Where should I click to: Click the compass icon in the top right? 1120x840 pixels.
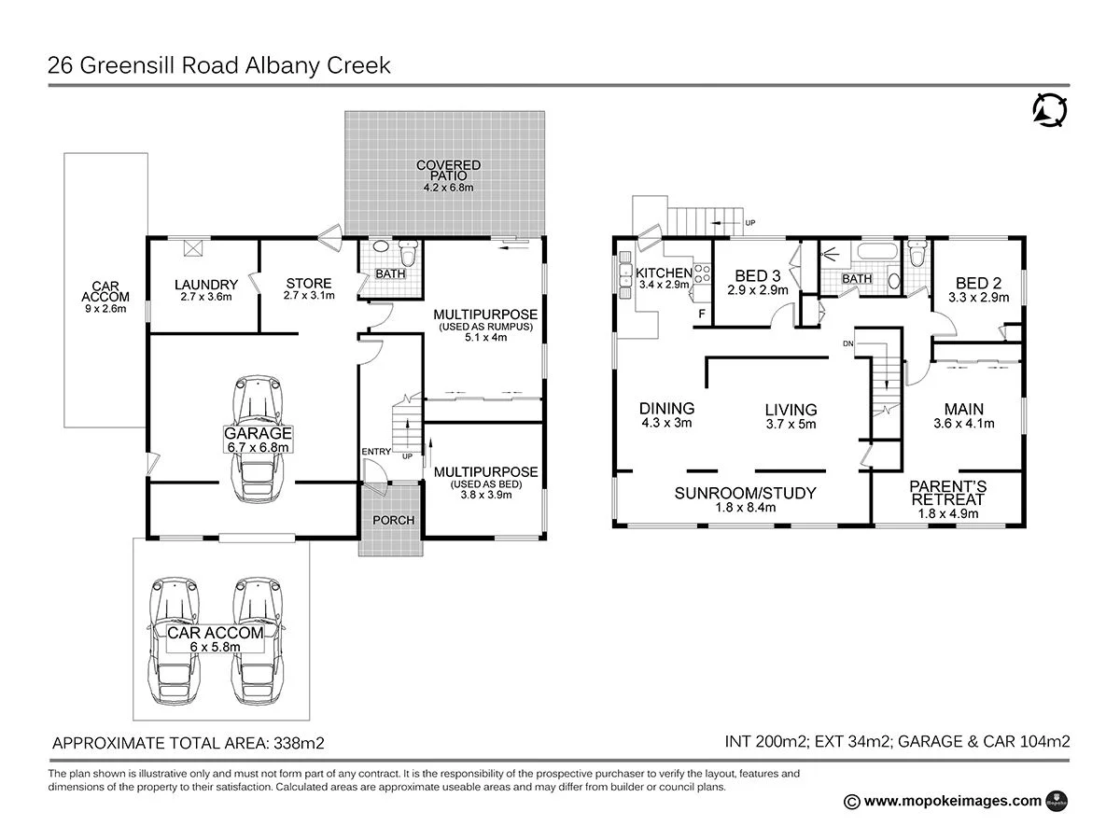[1049, 110]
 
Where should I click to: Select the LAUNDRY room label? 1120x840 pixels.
[206, 285]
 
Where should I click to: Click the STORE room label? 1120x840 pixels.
[309, 284]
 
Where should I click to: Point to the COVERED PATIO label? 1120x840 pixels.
[448, 171]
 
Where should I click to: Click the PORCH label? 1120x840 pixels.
[393, 520]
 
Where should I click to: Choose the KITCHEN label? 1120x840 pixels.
[665, 273]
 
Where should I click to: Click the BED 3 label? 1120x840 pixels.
[757, 275]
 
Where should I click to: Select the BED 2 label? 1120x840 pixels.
[978, 283]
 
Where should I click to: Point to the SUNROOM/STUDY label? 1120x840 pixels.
[745, 493]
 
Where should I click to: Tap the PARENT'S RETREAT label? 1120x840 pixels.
[947, 493]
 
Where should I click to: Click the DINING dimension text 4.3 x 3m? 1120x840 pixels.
[666, 423]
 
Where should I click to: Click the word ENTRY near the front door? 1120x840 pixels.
[376, 452]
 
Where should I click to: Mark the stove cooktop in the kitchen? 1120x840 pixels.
[701, 273]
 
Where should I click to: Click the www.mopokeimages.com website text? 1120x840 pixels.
[952, 800]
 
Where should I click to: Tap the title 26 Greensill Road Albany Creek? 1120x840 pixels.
[219, 65]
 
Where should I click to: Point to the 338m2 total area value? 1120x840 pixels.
[298, 743]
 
